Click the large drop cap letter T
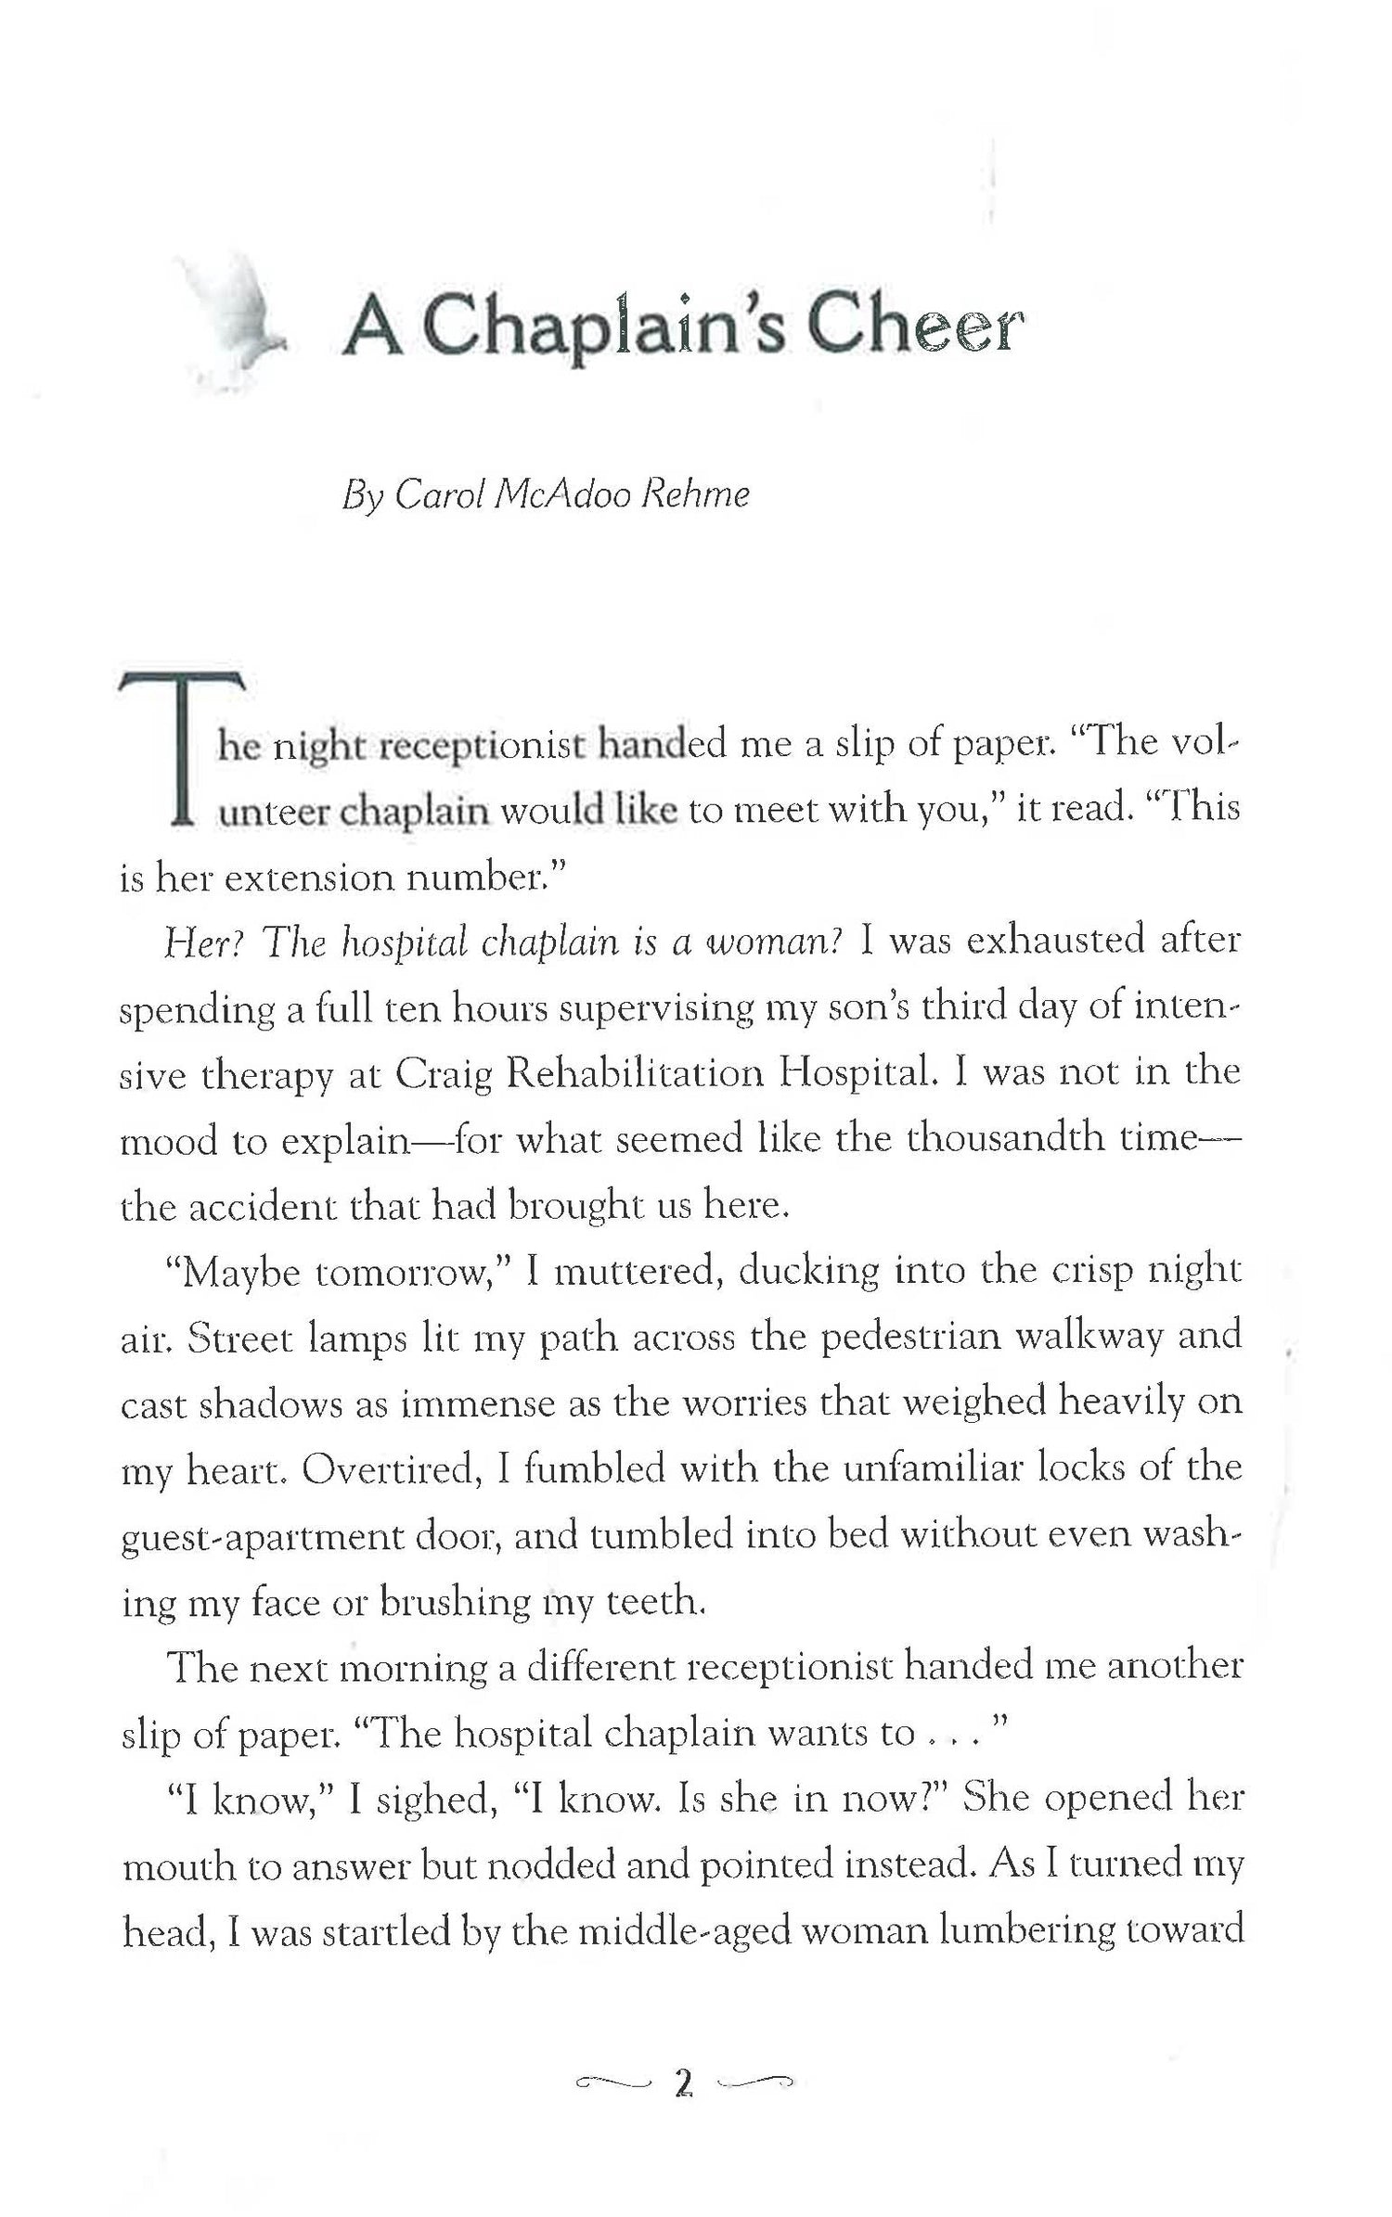182,748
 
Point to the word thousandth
1008,1138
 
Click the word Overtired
393,1470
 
